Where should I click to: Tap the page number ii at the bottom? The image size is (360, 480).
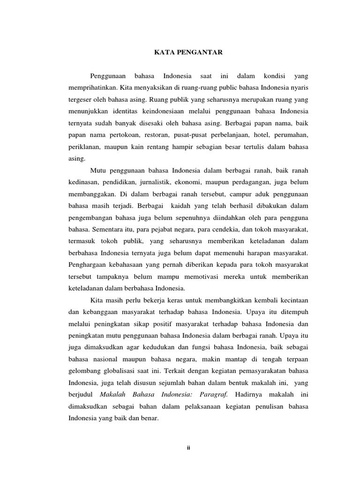188,448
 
